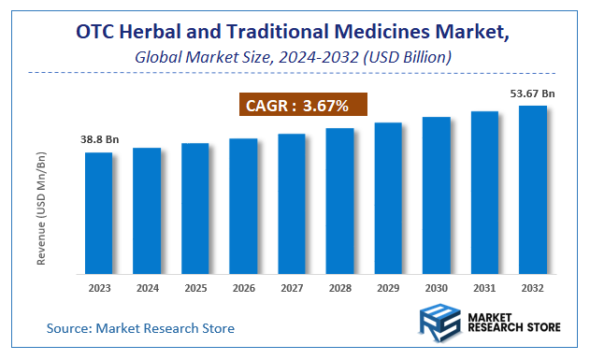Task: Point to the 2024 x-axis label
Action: coord(147,288)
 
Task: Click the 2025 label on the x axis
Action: coord(195,288)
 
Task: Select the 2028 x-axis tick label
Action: coord(340,288)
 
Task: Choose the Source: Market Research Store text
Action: coord(141,328)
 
